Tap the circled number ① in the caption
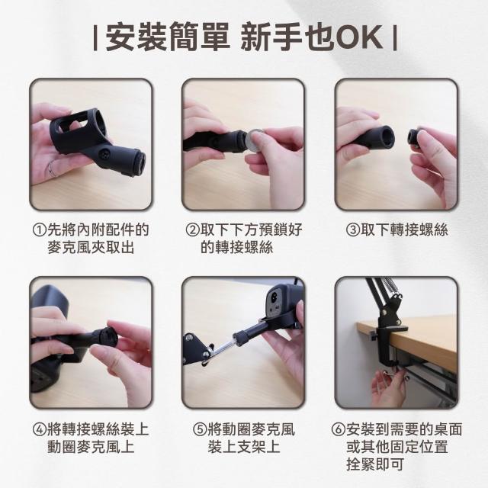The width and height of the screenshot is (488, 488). point(40,230)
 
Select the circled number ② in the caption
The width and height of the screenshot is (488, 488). point(193,230)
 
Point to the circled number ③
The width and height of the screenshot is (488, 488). point(353,230)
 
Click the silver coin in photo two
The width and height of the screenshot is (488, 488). point(255,140)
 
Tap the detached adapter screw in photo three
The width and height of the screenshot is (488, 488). point(416,137)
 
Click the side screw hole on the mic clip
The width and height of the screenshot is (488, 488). point(104,153)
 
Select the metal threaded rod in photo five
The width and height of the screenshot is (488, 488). point(222,348)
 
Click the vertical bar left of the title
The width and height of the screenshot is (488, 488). point(95,38)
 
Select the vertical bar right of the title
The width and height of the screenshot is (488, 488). point(395,38)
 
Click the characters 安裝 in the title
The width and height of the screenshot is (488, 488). point(136,37)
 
